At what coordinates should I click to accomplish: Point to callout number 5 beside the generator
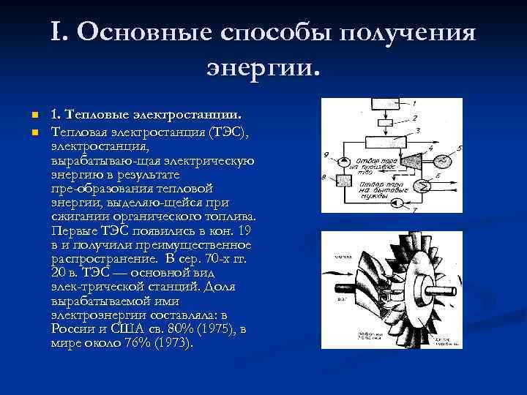[459, 148]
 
